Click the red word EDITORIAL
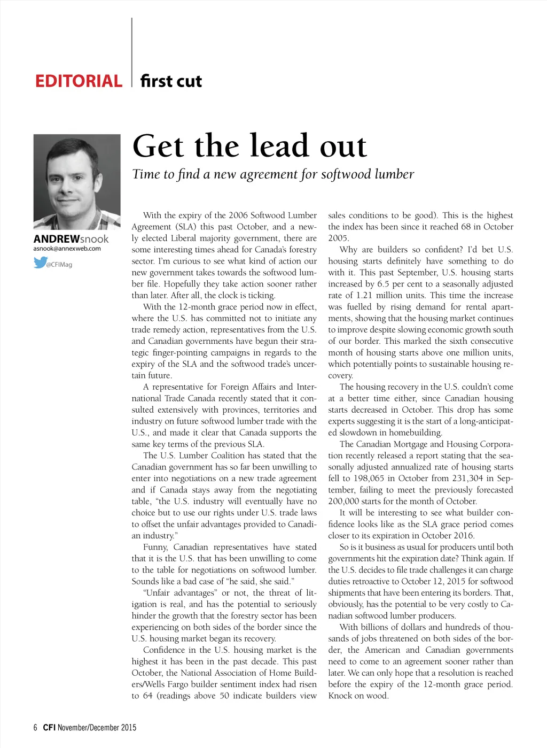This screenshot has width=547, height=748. pos(79,81)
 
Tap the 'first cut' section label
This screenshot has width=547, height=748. pos(171,81)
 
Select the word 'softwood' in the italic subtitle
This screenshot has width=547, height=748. pos(346,174)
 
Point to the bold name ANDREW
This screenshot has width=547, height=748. pos(56,239)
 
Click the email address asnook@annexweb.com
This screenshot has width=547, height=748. pos(67,249)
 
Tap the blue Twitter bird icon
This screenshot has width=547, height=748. pos(40,263)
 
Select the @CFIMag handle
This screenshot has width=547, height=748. pos(59,265)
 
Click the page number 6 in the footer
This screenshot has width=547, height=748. pos(35,727)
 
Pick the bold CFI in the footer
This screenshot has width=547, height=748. pos(49,727)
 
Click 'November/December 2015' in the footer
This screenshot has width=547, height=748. pos(97,727)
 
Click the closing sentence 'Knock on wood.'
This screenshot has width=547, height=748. pos(358,696)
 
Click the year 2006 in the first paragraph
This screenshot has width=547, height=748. pos(238,215)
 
